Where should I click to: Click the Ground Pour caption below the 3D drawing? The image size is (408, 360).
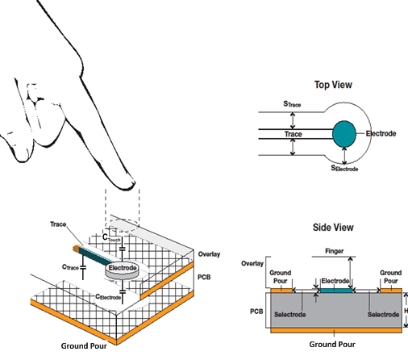86,347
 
